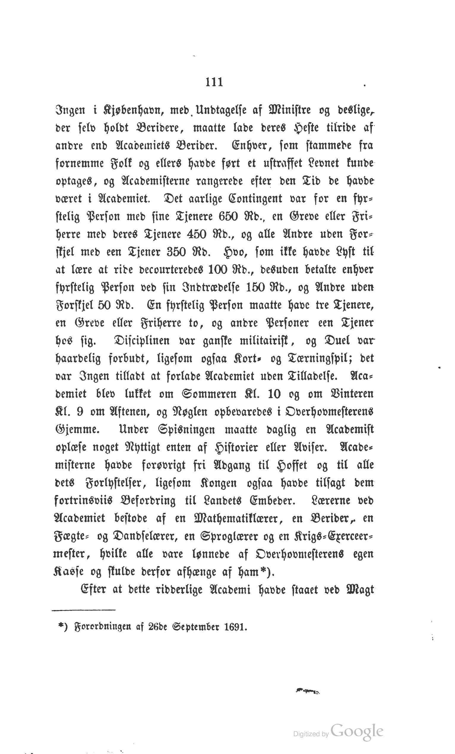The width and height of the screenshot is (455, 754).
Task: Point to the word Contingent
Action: click(x=255, y=199)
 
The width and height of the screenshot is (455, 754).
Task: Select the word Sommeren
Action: click(x=209, y=394)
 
